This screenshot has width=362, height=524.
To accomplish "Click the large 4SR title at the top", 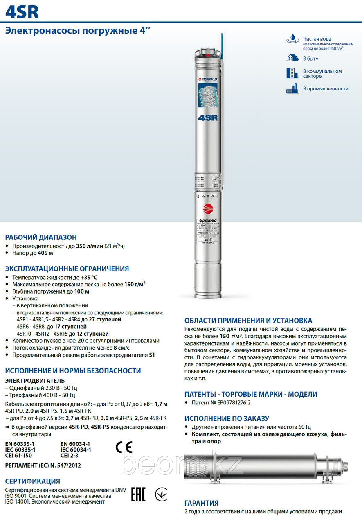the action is pos(22,13).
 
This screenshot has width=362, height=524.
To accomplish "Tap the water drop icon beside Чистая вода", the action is pos(292,39).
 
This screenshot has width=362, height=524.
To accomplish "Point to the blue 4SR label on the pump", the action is pos(207,117).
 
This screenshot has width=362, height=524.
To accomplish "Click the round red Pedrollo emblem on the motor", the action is pos(208,208).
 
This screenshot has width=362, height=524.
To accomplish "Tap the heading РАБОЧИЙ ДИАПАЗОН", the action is pos(41,237).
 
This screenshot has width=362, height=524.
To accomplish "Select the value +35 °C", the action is pos(89,278).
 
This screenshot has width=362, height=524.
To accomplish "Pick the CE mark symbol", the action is pos(124,448).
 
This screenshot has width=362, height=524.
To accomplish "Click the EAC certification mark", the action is pos(138,495).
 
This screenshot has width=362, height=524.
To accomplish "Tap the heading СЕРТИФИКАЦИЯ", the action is pos(32,481).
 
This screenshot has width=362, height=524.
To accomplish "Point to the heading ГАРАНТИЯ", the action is pos(201,503).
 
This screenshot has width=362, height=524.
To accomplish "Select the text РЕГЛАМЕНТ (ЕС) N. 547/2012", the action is pos(43,466).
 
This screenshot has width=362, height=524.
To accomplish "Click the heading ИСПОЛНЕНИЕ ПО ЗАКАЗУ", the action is pos(227,418).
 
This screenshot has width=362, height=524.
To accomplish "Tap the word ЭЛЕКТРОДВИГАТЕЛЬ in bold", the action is pos(34,381).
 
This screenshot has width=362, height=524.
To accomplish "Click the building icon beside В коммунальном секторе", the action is pos(290,73).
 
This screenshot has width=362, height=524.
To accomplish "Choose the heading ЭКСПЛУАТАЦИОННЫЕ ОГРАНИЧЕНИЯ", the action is pos(67,269).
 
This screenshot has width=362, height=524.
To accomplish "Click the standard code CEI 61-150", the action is pos(18,455).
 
